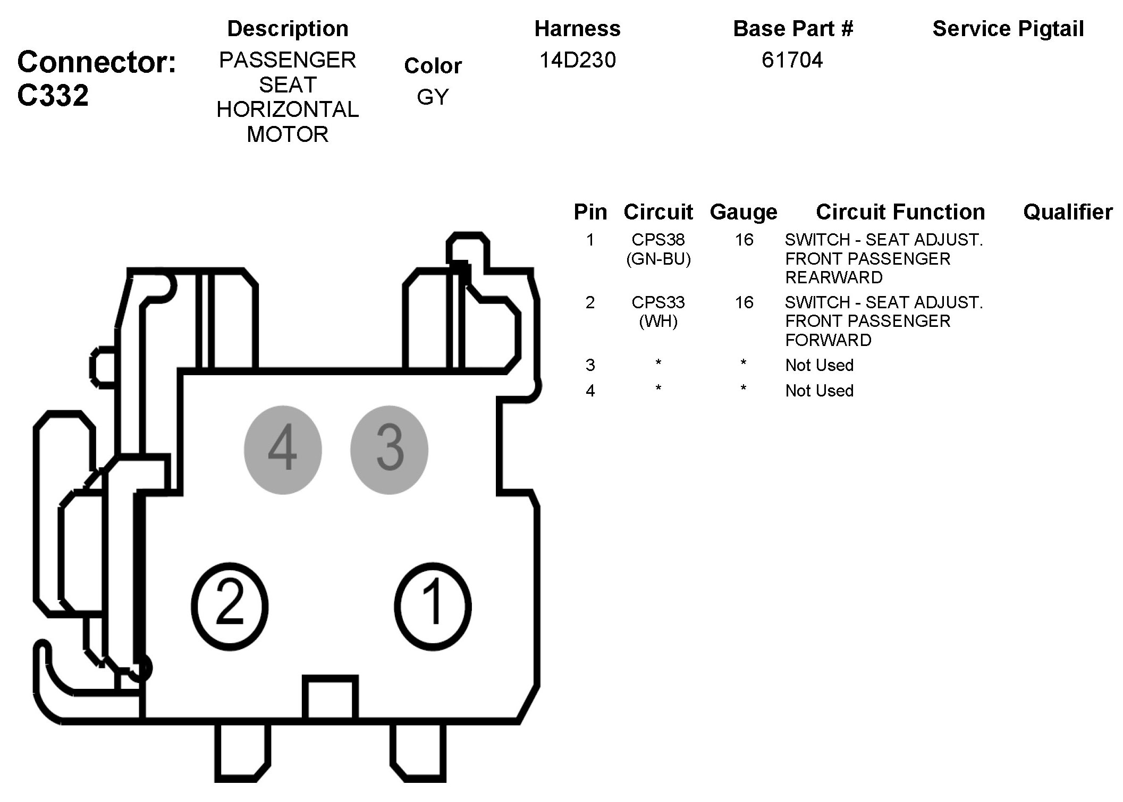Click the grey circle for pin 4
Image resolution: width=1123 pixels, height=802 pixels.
[x=283, y=450]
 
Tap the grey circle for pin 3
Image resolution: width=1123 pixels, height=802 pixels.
[x=389, y=450]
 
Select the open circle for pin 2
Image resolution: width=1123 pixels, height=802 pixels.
[x=230, y=606]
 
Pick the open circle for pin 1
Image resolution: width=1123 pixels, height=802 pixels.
[x=433, y=606]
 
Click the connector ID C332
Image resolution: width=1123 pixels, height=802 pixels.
[x=53, y=96]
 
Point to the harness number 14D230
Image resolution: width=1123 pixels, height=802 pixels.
[x=577, y=60]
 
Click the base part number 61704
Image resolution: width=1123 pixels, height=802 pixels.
[x=792, y=60]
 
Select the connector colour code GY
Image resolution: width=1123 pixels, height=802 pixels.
[x=433, y=97]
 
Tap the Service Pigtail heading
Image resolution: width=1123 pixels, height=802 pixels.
[x=1008, y=29]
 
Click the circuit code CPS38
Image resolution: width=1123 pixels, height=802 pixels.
[x=658, y=240]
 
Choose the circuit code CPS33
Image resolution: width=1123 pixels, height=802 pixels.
[x=658, y=302]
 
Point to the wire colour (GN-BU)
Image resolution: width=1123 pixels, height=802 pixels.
[x=658, y=259]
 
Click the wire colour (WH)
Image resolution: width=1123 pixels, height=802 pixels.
[x=658, y=321]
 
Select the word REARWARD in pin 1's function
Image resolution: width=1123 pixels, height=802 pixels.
[x=833, y=277]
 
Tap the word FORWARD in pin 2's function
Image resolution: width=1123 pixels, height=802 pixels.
[x=828, y=340]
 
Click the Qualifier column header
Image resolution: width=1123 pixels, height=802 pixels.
[x=1068, y=212]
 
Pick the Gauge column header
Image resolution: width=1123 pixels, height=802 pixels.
[x=743, y=212]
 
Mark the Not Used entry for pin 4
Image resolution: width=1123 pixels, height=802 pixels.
[x=819, y=391]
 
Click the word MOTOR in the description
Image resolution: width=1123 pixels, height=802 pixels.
[x=288, y=134]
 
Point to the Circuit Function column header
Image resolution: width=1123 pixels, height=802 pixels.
[x=900, y=212]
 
